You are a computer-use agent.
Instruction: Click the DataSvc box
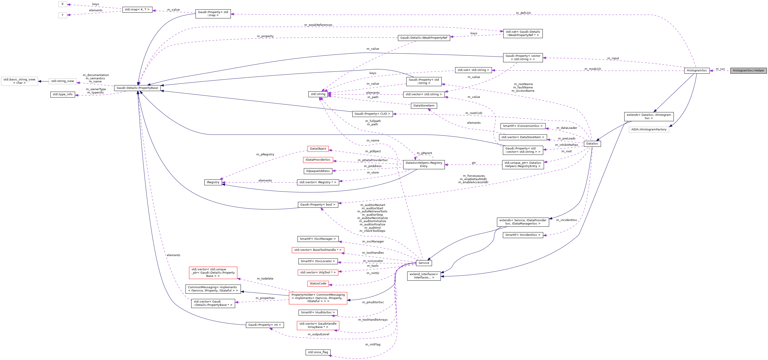pyautogui.click(x=592, y=144)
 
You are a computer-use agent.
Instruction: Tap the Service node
pyautogui.click(x=423, y=263)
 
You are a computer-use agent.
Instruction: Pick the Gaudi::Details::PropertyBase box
pyautogui.click(x=137, y=88)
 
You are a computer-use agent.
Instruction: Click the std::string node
pyautogui.click(x=318, y=94)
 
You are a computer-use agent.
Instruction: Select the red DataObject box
pyautogui.click(x=318, y=149)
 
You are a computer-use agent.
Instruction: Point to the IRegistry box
pyautogui.click(x=213, y=182)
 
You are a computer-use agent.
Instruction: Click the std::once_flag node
pyautogui.click(x=318, y=352)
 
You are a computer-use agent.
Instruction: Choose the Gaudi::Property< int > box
pyautogui.click(x=265, y=325)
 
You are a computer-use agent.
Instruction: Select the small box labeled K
pyautogui.click(x=62, y=4)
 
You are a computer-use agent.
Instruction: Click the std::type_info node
pyautogui.click(x=62, y=94)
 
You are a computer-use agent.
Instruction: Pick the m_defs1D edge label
pyautogui.click(x=523, y=13)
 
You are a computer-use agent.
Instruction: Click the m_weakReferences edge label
pyautogui.click(x=318, y=25)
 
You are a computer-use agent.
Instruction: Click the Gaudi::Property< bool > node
pyautogui.click(x=318, y=205)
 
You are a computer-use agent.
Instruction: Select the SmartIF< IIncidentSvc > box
pyautogui.click(x=522, y=235)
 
